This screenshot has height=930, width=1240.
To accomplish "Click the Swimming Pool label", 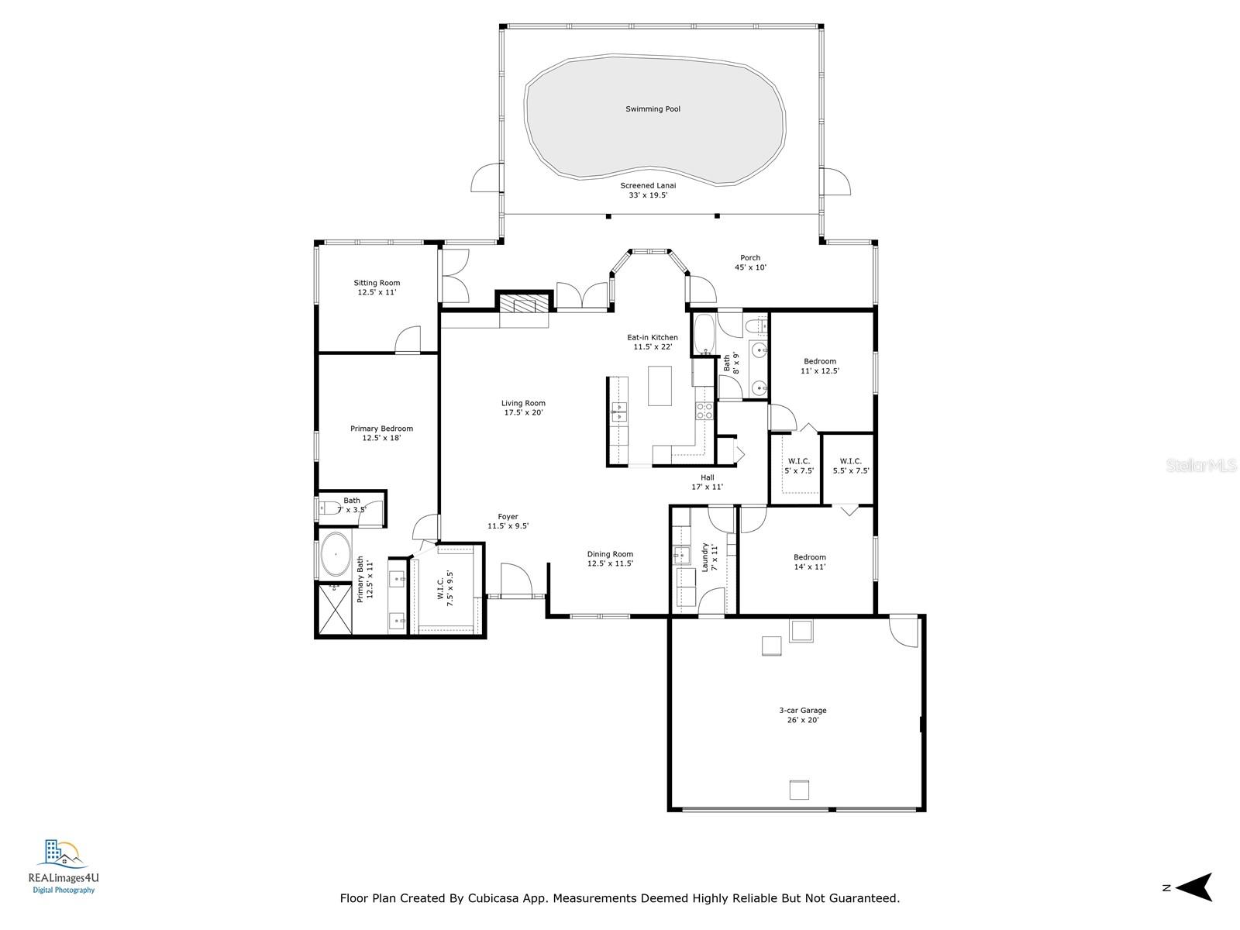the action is [x=653, y=109].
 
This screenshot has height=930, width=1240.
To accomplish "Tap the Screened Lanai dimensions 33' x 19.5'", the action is [x=648, y=195].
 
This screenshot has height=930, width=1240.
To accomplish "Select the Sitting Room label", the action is [x=377, y=283].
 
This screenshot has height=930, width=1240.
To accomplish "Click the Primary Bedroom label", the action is [x=381, y=429].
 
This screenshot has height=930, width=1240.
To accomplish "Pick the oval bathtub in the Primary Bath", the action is [x=336, y=553].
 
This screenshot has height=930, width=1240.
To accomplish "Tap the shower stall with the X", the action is [x=336, y=609].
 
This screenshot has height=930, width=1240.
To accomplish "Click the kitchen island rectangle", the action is [x=660, y=386].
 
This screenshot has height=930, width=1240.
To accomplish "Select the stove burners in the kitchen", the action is [x=704, y=411].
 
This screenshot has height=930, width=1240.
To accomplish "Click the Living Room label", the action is [x=523, y=403].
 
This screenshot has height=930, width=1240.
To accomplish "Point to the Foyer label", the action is [x=508, y=517].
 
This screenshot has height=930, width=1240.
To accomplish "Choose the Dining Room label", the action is [x=610, y=554].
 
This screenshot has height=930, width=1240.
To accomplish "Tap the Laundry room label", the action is [x=705, y=557].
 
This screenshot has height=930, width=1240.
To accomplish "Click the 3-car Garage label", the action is [x=803, y=711].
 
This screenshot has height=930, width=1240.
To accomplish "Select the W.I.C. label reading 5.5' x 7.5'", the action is [x=851, y=461].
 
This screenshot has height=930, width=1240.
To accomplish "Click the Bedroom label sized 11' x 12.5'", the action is [x=820, y=361].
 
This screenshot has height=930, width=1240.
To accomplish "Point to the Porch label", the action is [x=750, y=257].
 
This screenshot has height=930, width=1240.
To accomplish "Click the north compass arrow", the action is [x=1193, y=887].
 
